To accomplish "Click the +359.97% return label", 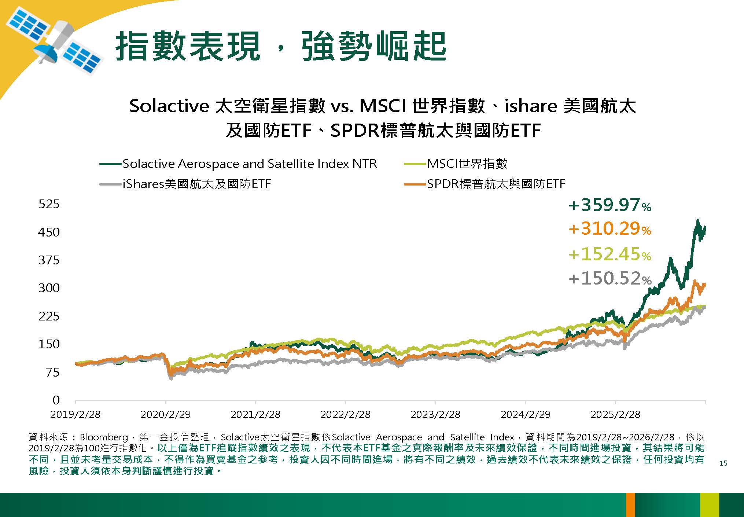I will pyautogui.click(x=609, y=205).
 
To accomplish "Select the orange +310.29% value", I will pyautogui.click(x=609, y=229).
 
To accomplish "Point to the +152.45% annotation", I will pyautogui.click(x=609, y=254).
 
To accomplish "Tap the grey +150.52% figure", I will pyautogui.click(x=609, y=278).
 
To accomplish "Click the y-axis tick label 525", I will pyautogui.click(x=49, y=204).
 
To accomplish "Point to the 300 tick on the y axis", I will pyautogui.click(x=49, y=288).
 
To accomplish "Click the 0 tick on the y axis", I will pyautogui.click(x=56, y=400).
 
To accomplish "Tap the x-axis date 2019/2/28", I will pyautogui.click(x=75, y=415).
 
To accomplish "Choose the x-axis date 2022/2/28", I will pyautogui.click(x=345, y=415).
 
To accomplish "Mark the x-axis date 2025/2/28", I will pyautogui.click(x=615, y=415).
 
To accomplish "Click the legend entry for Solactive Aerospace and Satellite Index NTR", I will pyautogui.click(x=249, y=164).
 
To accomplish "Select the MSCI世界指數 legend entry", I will pyautogui.click(x=467, y=164).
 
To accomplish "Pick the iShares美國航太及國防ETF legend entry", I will pyautogui.click(x=196, y=184).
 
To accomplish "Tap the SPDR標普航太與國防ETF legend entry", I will pyautogui.click(x=496, y=184).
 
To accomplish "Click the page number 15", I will pyautogui.click(x=723, y=463).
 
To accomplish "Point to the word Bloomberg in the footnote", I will pyautogui.click(x=104, y=437).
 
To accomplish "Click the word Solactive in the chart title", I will pyautogui.click(x=169, y=106).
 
